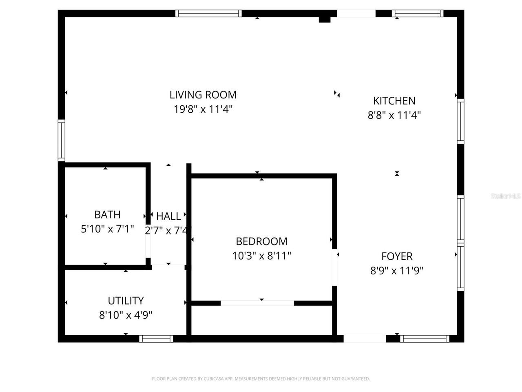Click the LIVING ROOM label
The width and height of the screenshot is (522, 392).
203,95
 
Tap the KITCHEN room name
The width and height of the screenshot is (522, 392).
394,100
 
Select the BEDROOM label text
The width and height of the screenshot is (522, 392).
261,241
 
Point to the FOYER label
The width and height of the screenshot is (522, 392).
397,256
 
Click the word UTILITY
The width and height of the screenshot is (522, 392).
126,301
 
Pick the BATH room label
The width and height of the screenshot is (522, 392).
107,214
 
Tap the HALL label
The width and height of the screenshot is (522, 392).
168,216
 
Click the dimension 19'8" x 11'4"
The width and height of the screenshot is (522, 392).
203,109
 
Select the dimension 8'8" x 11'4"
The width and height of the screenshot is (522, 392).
394,115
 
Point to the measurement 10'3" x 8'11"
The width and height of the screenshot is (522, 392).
261,256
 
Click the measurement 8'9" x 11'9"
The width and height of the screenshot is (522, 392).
397,271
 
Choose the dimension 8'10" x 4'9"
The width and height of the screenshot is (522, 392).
126,315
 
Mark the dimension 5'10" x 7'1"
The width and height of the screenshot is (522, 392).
107,229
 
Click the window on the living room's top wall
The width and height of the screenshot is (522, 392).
208,13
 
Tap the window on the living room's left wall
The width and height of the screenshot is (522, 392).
61,140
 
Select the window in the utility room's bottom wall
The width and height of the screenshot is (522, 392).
156,339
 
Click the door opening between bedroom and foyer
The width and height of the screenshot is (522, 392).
334,267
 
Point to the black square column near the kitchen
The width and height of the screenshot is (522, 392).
324,19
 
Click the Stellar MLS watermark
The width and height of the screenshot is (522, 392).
506,196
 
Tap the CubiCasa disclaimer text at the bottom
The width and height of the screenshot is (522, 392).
261,379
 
